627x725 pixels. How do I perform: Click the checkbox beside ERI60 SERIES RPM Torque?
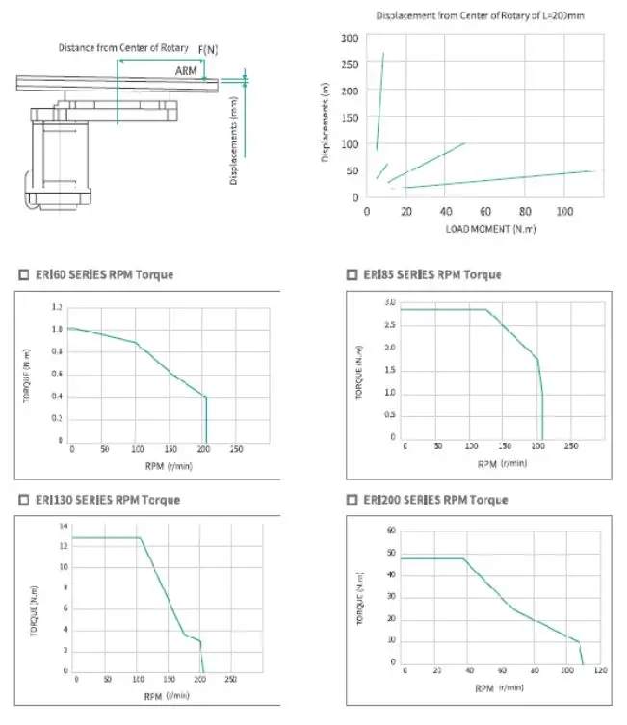click(24, 275)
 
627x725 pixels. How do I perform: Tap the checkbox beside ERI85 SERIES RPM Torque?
click(353, 275)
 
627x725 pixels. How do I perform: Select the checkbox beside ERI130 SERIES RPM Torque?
click(24, 501)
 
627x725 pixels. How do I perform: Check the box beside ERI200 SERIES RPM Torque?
click(353, 501)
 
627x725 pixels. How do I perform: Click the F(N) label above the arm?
click(208, 48)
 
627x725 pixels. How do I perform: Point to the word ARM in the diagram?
click(186, 71)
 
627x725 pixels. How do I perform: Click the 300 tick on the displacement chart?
click(350, 39)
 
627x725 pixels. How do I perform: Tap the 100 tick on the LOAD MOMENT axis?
click(563, 211)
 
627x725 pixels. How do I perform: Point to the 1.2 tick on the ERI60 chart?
click(56, 308)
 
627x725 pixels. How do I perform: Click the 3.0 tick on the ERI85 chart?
click(390, 302)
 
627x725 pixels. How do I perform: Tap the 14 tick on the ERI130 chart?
click(64, 527)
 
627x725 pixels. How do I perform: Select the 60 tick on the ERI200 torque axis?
click(392, 531)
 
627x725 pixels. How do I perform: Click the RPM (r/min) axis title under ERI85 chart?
click(502, 463)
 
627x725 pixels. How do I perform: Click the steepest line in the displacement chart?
click(379, 101)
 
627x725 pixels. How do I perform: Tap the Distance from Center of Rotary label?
click(123, 48)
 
